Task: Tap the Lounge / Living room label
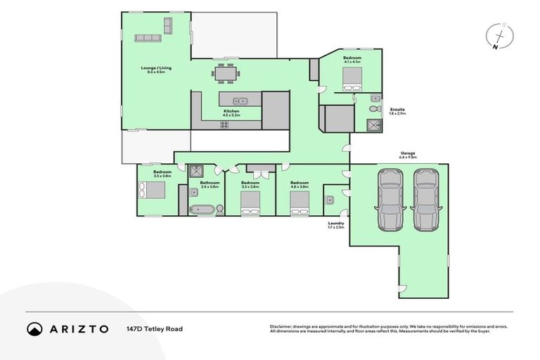(x=155, y=70)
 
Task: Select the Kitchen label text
(x=231, y=112)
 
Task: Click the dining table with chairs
(x=226, y=72)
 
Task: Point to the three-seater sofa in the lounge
(x=148, y=37)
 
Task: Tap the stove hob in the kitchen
(x=225, y=125)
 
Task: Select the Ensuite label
(x=397, y=110)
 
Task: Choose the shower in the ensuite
(x=372, y=125)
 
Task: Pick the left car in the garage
(x=390, y=200)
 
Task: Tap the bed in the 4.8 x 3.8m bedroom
(x=300, y=203)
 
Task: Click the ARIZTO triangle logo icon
(x=34, y=328)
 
